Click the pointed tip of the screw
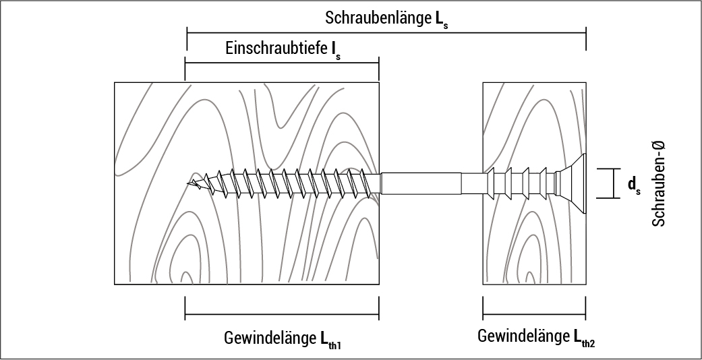(190, 181)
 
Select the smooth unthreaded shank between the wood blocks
(432, 183)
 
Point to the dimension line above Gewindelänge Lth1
(282, 314)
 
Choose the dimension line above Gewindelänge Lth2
(534, 315)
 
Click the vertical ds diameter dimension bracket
(614, 183)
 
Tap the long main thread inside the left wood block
(290, 183)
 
